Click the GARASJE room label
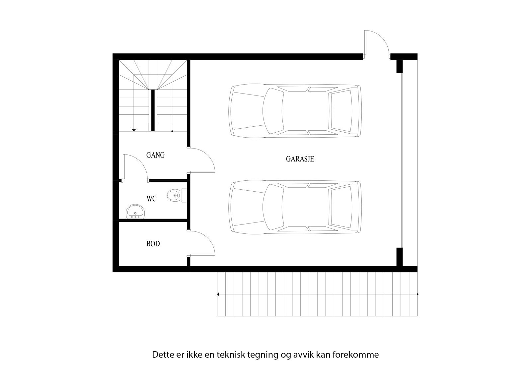coord(300,159)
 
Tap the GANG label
coord(155,155)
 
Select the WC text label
coord(151,199)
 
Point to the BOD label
coord(153,244)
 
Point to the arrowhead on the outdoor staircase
coord(218,294)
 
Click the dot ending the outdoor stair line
coord(417,294)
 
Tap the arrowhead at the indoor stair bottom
coord(134,130)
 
